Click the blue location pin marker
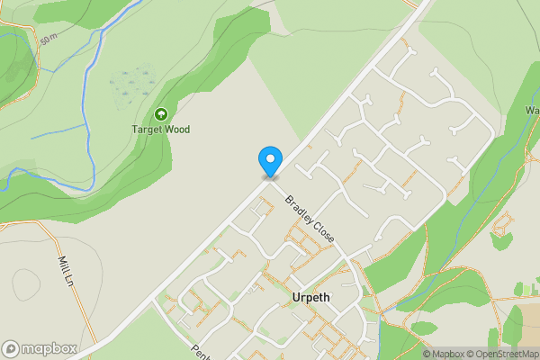[x=269, y=160]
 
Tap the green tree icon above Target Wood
[x=161, y=114]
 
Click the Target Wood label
[x=161, y=130]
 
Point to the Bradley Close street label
[x=310, y=220]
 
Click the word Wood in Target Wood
[x=178, y=130]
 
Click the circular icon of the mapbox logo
[x=11, y=348]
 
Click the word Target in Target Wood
[x=148, y=130]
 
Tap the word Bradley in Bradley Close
[x=299, y=209]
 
